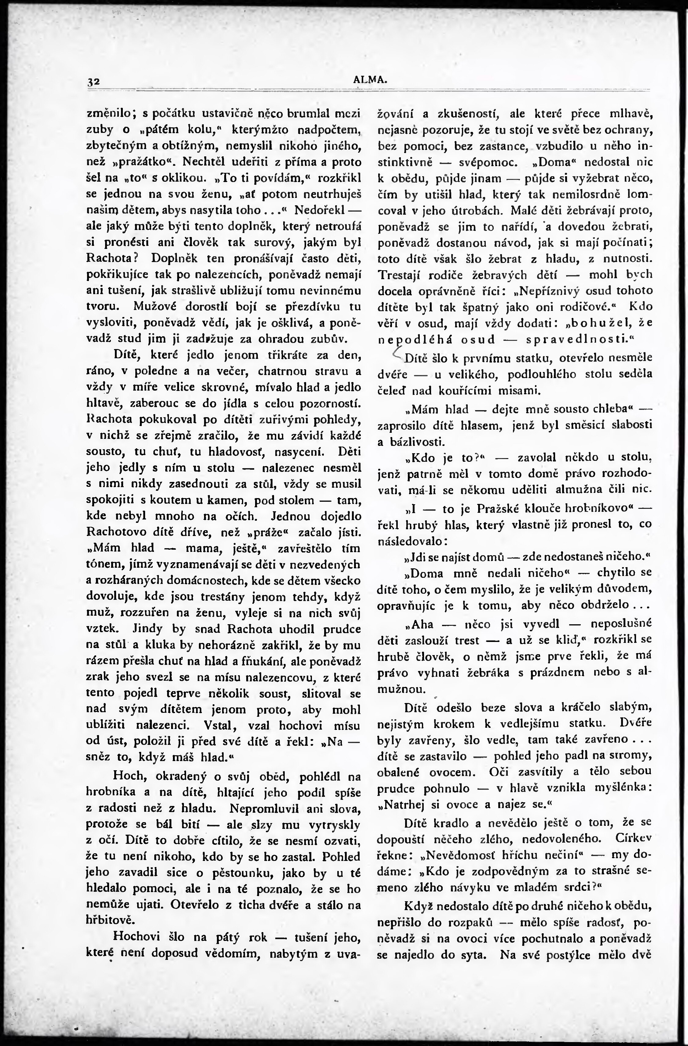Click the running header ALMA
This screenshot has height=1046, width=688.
coord(370,80)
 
